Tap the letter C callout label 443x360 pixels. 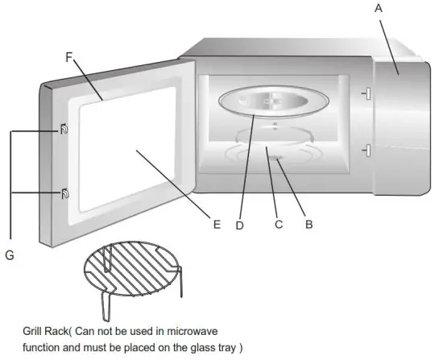(x=279, y=225)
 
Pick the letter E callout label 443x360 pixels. (x=217, y=225)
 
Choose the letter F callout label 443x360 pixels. (x=69, y=57)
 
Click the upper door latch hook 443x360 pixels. (x=62, y=130)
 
